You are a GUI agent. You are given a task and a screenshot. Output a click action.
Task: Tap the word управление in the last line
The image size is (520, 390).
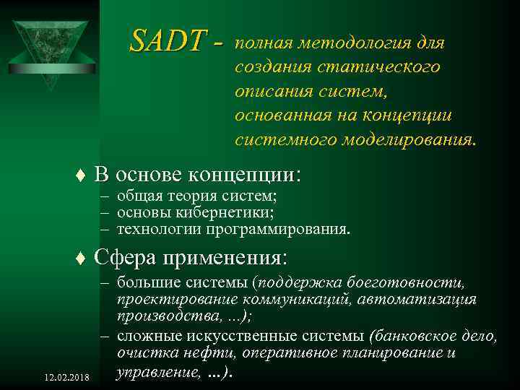(153, 373)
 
